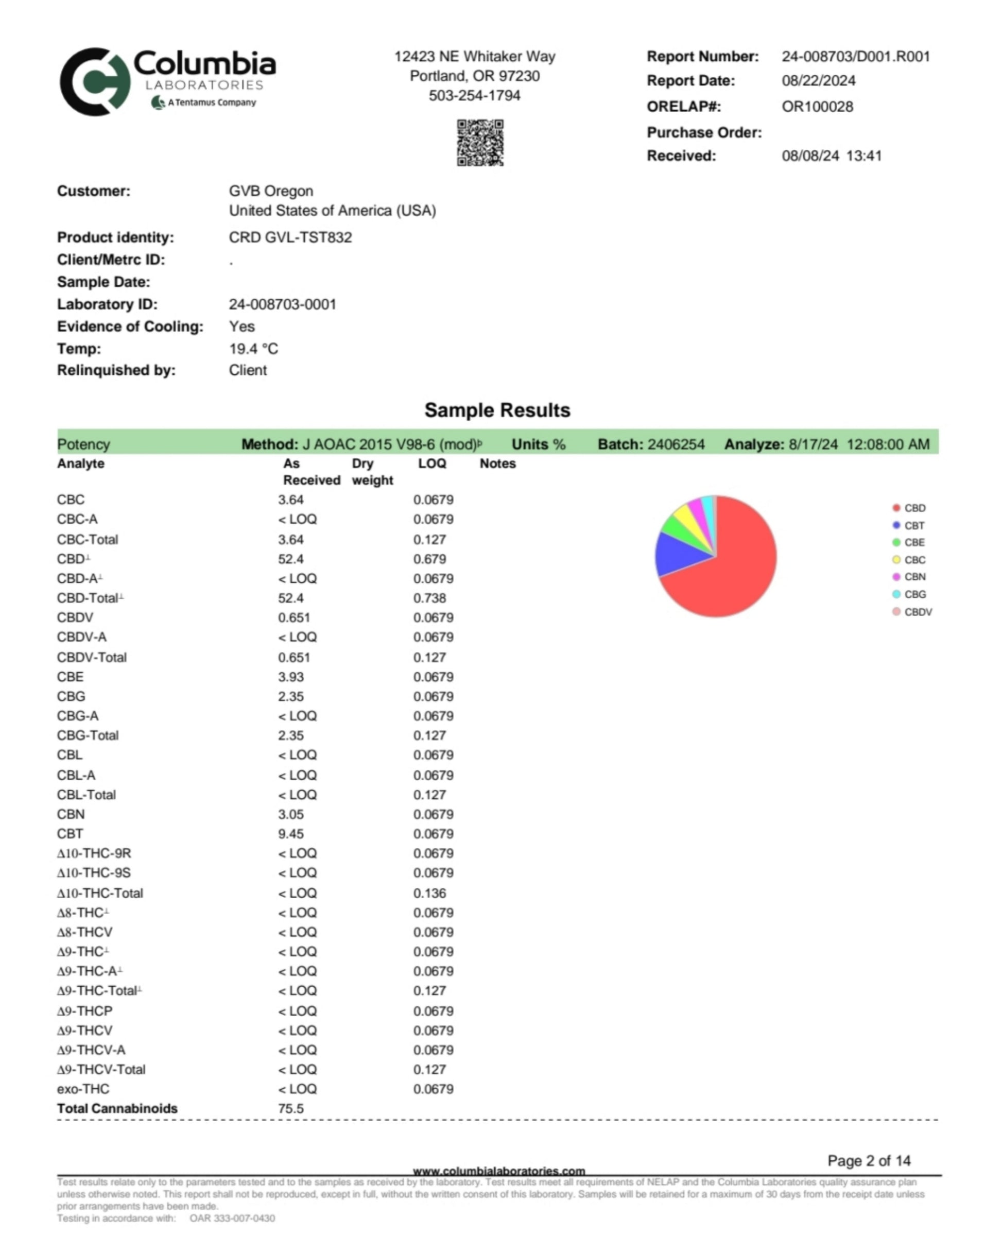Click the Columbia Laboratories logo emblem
pos(95,82)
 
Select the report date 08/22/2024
pos(818,81)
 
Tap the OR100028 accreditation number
pos(817,107)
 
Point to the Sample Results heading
pos(497,410)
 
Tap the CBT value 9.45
pos(290,834)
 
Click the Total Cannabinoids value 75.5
pos(290,1108)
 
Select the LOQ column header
pos(432,464)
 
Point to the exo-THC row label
pos(83,1089)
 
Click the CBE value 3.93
pos(290,677)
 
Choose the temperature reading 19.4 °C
pos(253,349)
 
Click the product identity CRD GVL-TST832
pos(290,238)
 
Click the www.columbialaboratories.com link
pos(498,1171)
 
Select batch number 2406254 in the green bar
pos(676,444)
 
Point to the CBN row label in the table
pos(71,814)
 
